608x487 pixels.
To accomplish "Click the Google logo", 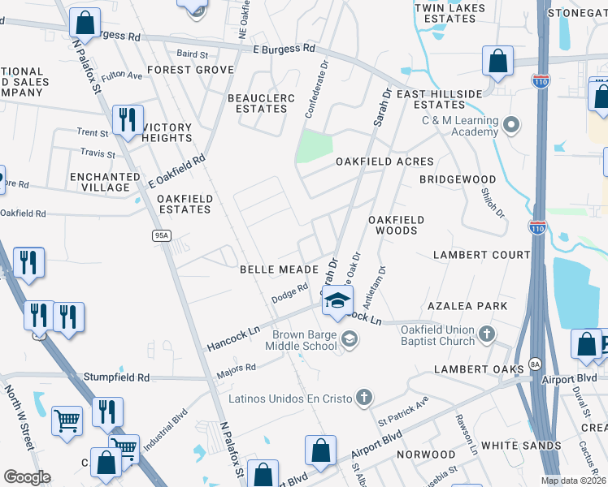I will [26, 477].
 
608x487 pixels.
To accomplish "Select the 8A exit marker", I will [535, 364].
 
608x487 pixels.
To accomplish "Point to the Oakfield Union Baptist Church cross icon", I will [486, 334].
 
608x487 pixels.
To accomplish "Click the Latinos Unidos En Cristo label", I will [290, 398].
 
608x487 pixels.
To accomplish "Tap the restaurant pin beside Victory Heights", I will [127, 120].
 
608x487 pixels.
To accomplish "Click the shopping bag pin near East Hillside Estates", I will [497, 62].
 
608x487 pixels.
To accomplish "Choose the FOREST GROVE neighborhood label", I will [190, 70].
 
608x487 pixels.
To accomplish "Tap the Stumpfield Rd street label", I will [117, 377].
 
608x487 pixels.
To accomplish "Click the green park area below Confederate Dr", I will [315, 147].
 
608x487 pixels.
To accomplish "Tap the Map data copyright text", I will [573, 481].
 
